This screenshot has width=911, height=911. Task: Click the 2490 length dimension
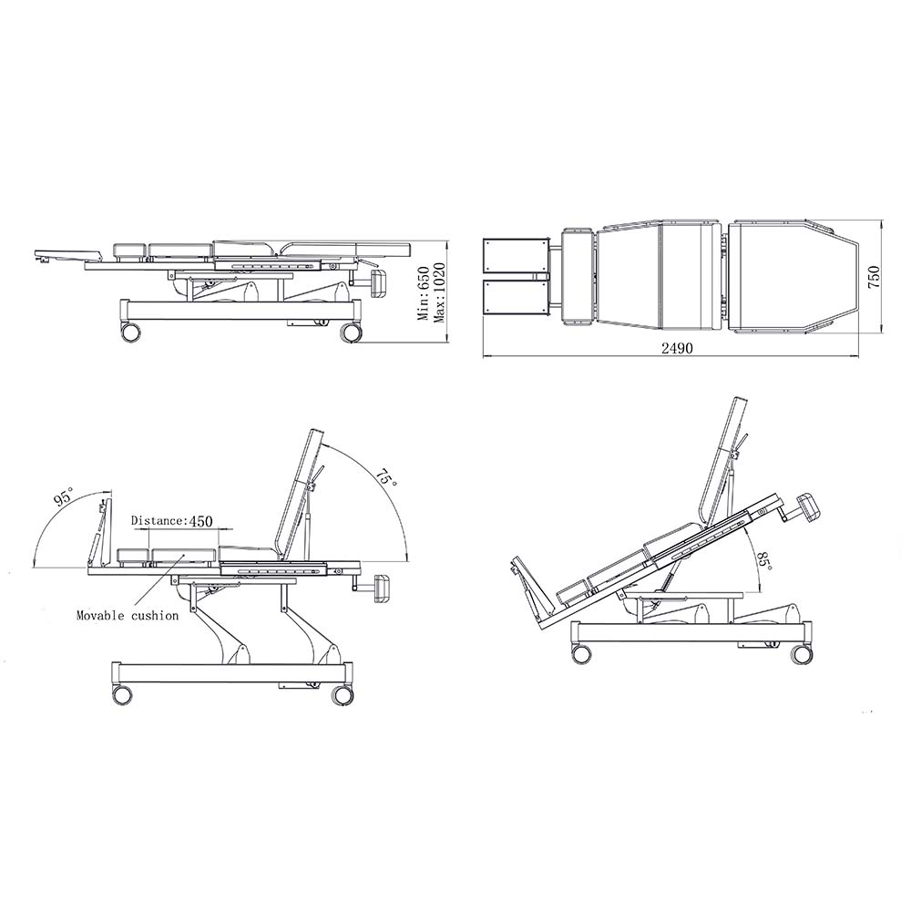[x=677, y=348]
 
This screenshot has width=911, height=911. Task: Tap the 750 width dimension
[x=874, y=277]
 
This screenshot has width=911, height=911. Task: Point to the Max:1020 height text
[x=440, y=292]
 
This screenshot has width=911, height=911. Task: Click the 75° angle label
[x=385, y=479]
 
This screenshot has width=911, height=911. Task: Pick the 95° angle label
[x=63, y=498]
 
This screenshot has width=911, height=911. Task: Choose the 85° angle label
[x=764, y=560]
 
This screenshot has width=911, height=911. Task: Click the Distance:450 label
[x=171, y=520]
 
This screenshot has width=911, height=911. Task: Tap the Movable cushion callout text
[x=128, y=615]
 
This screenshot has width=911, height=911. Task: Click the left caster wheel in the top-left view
[x=129, y=332]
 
